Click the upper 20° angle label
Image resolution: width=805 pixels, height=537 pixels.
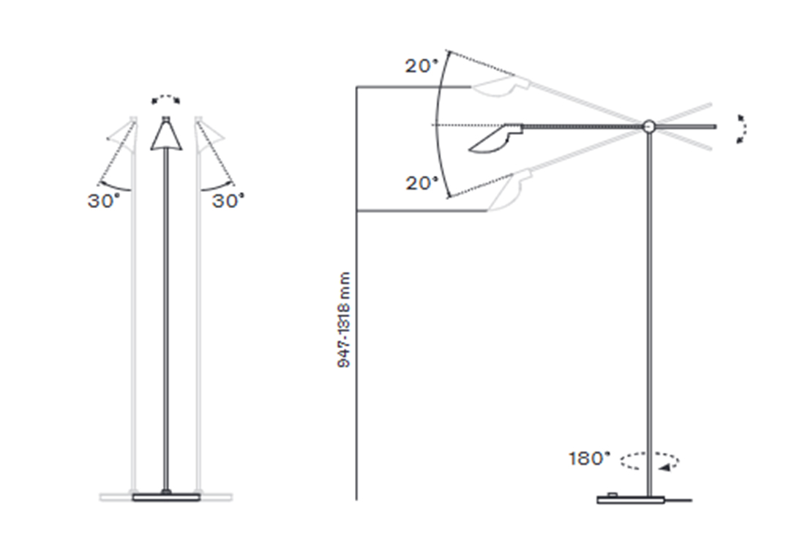tap(422, 66)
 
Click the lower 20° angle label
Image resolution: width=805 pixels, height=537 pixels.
tap(422, 183)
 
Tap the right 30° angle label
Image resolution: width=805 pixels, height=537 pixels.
tap(228, 201)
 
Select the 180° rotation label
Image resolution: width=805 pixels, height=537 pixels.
tap(590, 458)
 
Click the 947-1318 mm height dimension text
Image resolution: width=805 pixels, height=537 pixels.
tap(344, 319)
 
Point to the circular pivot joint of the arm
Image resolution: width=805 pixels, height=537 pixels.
tap(649, 126)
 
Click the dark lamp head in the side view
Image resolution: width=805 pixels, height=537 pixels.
tap(496, 138)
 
